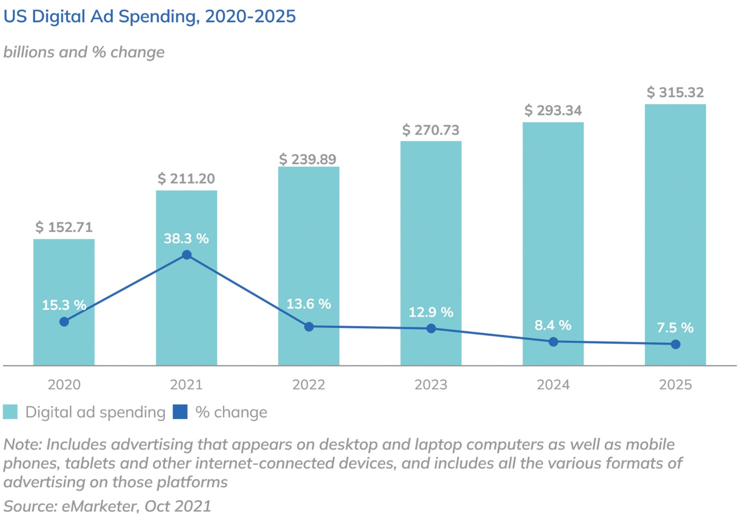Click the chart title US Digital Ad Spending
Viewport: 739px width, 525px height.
(x=149, y=17)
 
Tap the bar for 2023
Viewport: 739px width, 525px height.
(x=431, y=232)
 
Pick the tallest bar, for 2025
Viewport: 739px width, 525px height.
(x=675, y=217)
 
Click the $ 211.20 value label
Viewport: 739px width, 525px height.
(x=186, y=179)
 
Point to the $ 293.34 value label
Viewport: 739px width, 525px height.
(x=553, y=110)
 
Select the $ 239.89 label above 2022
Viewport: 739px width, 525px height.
(x=308, y=159)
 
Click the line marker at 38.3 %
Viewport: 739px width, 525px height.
(x=187, y=255)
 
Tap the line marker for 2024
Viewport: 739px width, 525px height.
(x=553, y=342)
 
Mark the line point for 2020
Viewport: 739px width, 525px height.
(x=64, y=322)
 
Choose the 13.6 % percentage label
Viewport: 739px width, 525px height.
(x=309, y=304)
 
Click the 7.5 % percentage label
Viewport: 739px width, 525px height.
(x=675, y=327)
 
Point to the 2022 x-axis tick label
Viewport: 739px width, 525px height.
(x=309, y=385)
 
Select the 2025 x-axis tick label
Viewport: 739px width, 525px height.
(x=675, y=385)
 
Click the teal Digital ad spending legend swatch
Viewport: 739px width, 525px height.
(x=10, y=412)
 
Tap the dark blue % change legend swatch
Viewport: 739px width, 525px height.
(x=180, y=412)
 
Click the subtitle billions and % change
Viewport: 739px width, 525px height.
(x=84, y=52)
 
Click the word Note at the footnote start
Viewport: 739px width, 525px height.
(x=22, y=444)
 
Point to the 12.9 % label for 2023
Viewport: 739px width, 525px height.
(x=431, y=312)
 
